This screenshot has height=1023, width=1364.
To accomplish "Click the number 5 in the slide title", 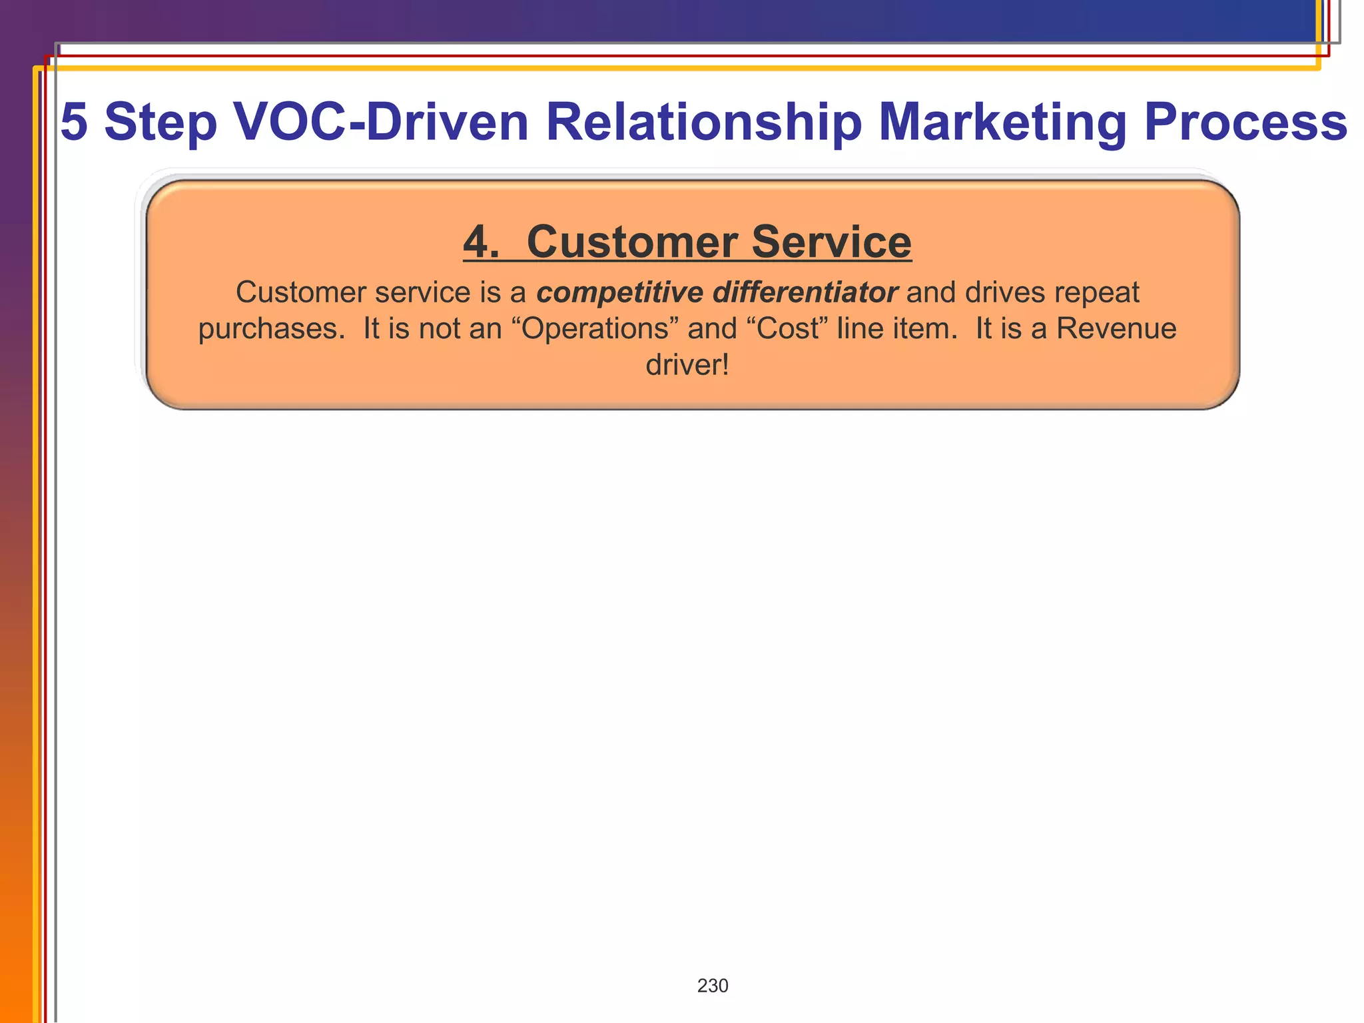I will (x=75, y=122).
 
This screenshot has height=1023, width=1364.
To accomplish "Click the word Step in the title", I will (x=161, y=123).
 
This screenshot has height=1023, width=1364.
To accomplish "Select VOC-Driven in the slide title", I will (x=381, y=122).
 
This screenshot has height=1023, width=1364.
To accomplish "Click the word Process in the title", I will (x=1245, y=122).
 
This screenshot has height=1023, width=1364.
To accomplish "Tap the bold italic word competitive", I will (x=619, y=292).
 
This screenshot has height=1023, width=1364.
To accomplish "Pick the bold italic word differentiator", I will (x=805, y=292).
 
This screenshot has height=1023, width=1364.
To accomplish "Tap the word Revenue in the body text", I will (x=1116, y=328).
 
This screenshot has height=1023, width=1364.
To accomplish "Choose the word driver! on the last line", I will (x=687, y=365).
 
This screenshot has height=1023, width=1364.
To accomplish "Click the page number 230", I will (x=713, y=986).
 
